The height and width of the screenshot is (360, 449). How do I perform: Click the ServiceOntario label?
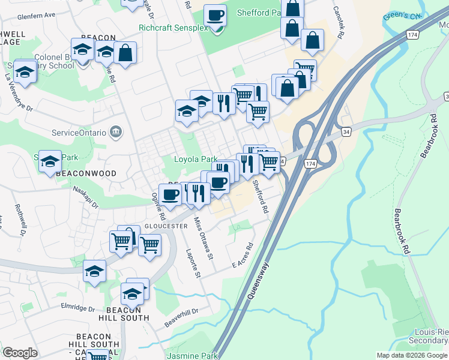coord(79,132)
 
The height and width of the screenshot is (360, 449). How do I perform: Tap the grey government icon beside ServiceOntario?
coord(116,132)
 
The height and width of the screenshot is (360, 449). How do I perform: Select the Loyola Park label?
coord(195,160)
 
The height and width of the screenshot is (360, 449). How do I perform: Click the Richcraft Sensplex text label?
coord(173,28)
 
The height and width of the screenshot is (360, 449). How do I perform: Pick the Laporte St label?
coord(192,263)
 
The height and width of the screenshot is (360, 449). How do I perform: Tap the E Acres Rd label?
coord(243,255)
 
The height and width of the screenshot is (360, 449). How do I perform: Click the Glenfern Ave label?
coord(36,14)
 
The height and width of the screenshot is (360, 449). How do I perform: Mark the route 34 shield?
coord(345,131)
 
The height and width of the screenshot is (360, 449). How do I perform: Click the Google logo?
coord(20,353)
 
